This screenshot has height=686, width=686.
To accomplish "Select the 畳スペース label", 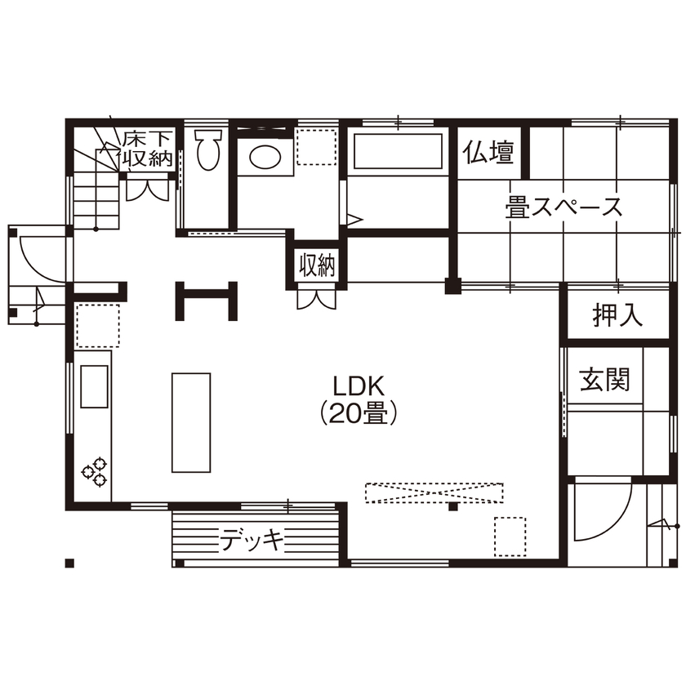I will pyautogui.click(x=563, y=207).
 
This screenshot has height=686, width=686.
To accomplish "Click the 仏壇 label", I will pyautogui.click(x=489, y=153).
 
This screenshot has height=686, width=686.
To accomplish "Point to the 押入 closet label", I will pyautogui.click(x=617, y=315).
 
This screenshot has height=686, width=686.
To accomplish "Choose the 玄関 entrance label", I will pyautogui.click(x=605, y=380).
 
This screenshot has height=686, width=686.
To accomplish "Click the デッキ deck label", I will pyautogui.click(x=253, y=540).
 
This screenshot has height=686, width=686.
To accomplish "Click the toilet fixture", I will pyautogui.click(x=208, y=149).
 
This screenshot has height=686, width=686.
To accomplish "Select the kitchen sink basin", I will pyautogui.click(x=93, y=385).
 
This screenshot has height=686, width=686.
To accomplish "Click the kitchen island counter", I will pyautogui.click(x=191, y=421).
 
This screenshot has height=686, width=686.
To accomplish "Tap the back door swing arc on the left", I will pyautogui.click(x=41, y=257).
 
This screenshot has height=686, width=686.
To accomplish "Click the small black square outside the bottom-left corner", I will pyautogui.click(x=70, y=563).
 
